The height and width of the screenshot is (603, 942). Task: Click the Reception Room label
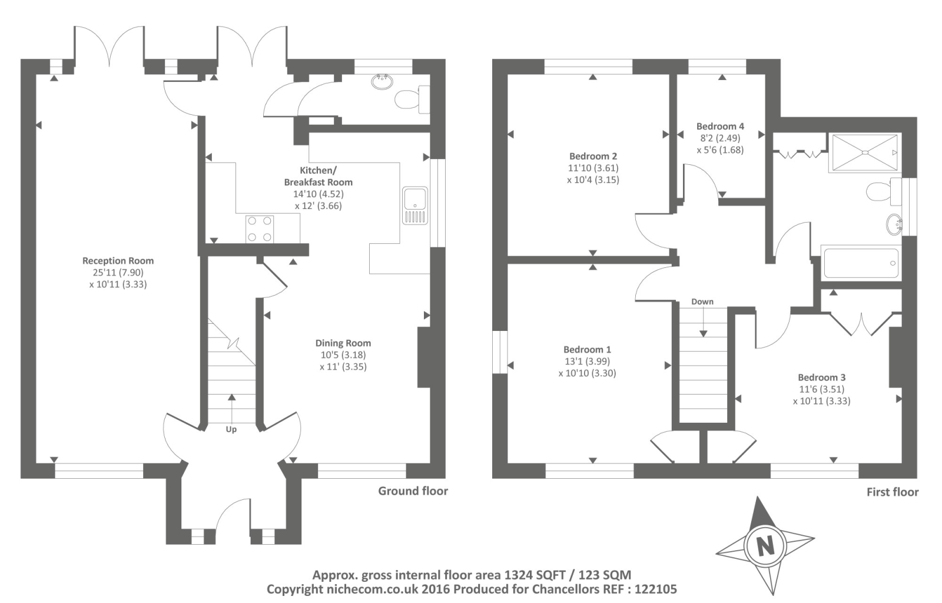118,261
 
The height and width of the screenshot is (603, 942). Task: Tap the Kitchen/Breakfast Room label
319,176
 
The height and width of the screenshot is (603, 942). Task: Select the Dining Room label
343,343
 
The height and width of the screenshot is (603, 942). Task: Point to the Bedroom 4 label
720,126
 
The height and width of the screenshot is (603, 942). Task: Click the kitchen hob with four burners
260,229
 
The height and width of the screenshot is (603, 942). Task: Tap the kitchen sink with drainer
415,206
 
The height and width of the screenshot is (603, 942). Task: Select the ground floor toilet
412,100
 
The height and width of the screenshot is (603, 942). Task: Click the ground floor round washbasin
382,82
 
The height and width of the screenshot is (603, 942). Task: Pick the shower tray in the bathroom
865,153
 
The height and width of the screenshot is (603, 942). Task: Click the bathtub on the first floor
861,263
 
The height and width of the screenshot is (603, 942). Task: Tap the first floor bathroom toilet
884,192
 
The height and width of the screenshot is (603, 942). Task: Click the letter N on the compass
765,546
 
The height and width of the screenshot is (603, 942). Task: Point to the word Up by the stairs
231,429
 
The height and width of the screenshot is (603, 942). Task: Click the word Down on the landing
702,301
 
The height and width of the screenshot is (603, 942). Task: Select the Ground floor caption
413,491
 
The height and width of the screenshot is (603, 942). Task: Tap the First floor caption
893,492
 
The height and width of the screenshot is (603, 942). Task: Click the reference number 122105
656,589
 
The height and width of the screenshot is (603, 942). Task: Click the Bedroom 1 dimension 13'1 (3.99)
586,361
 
